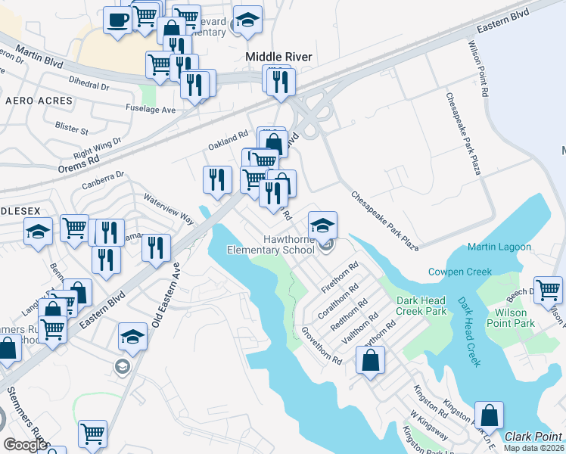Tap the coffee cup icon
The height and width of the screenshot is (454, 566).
[117, 20]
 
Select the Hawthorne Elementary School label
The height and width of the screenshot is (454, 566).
[271, 244]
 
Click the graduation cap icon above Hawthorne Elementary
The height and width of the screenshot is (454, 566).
[322, 225]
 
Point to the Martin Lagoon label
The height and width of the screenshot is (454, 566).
[499, 247]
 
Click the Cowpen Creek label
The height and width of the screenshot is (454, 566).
[459, 272]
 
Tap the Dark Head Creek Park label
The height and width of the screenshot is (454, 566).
[421, 306]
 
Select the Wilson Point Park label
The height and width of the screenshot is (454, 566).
[515, 318]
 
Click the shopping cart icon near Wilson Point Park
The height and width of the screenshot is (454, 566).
[548, 290]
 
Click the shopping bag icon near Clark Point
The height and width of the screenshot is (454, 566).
[490, 415]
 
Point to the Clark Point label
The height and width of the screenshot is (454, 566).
[533, 437]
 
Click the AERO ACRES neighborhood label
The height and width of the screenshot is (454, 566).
[39, 101]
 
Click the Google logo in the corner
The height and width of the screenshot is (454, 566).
[25, 445]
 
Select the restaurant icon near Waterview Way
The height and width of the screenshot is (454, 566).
[217, 179]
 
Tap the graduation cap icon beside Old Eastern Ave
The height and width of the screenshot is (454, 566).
[132, 336]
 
